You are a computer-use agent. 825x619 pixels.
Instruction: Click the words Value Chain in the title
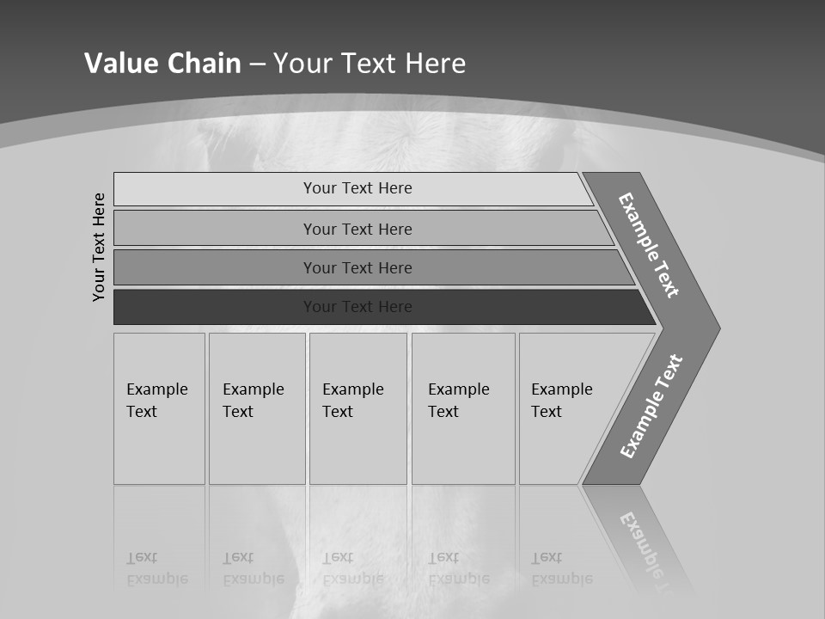(x=162, y=64)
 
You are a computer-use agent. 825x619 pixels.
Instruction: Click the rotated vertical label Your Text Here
(x=99, y=247)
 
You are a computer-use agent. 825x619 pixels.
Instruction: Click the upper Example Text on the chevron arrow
(x=649, y=245)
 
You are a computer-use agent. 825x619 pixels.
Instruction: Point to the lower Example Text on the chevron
(x=651, y=406)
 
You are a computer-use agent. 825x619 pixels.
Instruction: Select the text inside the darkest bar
(x=357, y=307)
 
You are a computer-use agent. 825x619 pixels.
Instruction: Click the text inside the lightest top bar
(x=357, y=188)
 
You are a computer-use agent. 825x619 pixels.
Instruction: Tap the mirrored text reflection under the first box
(x=157, y=568)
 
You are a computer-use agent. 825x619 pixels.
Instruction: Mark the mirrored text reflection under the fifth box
(x=562, y=568)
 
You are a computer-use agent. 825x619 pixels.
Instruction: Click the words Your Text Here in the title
(x=370, y=64)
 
